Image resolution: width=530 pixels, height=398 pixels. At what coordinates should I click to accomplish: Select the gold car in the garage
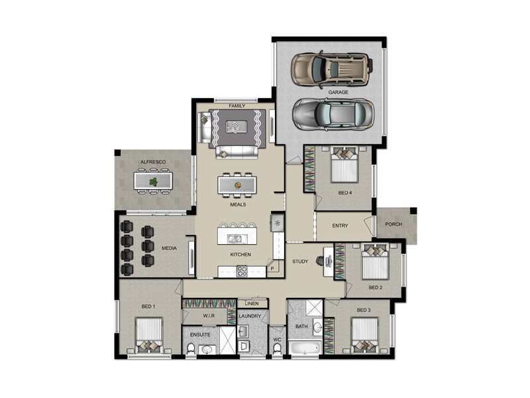tap(330, 68)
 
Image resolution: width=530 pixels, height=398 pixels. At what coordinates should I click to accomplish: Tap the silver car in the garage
tap(333, 113)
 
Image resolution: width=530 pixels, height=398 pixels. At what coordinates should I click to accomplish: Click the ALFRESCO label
tap(152, 163)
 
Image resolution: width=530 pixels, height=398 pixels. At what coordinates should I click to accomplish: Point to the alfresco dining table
tap(153, 180)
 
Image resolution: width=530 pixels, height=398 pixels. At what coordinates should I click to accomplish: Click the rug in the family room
tap(237, 127)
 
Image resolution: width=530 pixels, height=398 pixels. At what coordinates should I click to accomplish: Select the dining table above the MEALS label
tap(237, 183)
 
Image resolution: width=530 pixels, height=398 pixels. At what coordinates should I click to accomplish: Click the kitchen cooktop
tap(242, 271)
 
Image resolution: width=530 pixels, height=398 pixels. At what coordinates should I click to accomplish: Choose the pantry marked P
tap(272, 269)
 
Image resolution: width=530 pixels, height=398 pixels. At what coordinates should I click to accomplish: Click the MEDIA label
tap(169, 249)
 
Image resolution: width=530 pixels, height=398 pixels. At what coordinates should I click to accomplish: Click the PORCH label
tap(394, 224)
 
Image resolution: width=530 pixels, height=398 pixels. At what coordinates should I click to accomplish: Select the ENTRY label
tap(340, 226)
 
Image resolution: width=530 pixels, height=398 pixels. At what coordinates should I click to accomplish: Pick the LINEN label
tap(252, 303)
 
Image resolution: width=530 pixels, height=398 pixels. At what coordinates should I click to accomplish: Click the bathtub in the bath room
tap(305, 350)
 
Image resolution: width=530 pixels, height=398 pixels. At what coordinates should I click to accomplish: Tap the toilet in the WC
tap(278, 350)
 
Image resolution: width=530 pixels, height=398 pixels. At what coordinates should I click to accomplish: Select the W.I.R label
tap(209, 316)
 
